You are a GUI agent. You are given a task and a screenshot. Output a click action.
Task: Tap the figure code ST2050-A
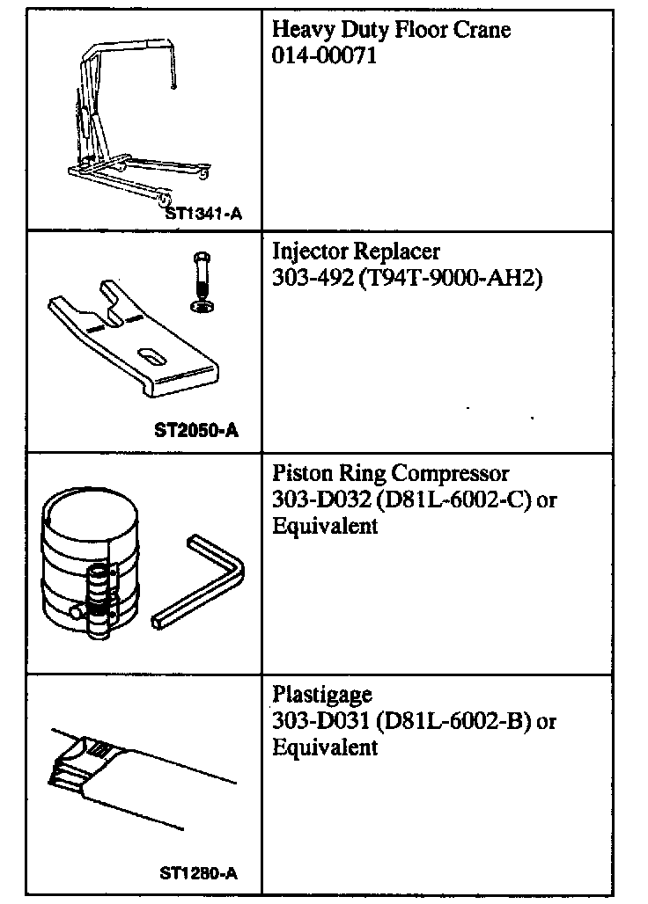point(195,431)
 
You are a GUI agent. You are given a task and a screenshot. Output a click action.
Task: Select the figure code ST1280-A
point(198,873)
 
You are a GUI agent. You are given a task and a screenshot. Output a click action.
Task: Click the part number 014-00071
point(324,57)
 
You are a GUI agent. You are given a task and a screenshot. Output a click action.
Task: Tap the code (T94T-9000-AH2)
point(449,280)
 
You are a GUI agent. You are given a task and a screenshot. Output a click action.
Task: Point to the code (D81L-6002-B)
point(452,721)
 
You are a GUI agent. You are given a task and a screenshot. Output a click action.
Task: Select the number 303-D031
point(321,721)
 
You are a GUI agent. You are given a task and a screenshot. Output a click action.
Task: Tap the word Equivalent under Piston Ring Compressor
point(325,526)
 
